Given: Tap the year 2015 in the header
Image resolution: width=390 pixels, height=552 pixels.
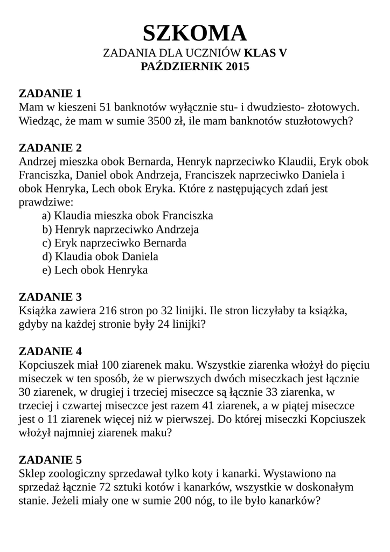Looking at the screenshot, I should point(235,67).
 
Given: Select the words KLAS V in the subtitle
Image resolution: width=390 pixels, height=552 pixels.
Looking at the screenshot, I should point(266,53).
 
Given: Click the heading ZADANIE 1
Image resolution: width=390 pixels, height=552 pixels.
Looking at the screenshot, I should point(50,93).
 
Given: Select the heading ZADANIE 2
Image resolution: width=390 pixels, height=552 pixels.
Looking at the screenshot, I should point(50,148).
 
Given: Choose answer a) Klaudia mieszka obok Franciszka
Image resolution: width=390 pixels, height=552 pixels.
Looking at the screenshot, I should point(128,216).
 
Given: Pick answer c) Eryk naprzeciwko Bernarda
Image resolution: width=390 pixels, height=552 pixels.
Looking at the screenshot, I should point(114,243).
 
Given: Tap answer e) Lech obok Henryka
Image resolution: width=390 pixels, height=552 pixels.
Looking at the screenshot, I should point(95,270).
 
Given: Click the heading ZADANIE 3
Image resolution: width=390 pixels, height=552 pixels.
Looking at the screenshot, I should point(50,297).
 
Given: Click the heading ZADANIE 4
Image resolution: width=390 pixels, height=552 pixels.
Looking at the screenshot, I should point(50,352).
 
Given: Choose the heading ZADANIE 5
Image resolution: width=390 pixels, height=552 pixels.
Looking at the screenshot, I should point(50,460).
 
